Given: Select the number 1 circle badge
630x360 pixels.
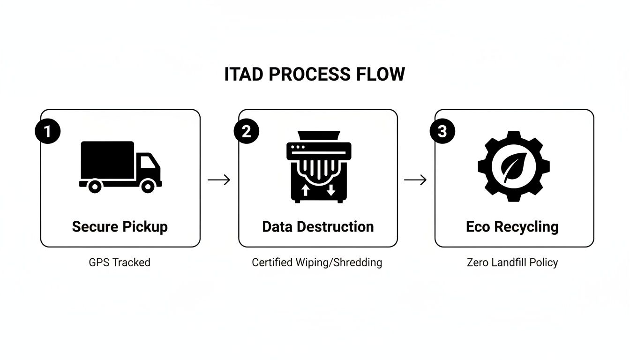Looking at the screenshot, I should [x=47, y=132].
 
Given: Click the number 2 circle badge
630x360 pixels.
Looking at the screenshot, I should [x=246, y=132].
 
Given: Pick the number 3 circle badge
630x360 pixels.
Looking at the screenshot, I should [x=442, y=132].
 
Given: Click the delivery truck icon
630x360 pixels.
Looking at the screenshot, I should [x=120, y=167].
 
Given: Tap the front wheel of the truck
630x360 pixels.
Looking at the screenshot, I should [x=148, y=187].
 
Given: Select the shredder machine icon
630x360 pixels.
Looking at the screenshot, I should [x=318, y=166].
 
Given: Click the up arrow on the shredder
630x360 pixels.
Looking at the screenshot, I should [x=305, y=190].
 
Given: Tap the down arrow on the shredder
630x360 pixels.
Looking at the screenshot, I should [x=331, y=190].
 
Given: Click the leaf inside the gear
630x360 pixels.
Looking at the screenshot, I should [x=513, y=167].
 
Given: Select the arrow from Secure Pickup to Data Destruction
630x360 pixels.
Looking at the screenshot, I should [x=219, y=180].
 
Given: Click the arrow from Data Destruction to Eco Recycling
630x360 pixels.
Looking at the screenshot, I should [x=415, y=180].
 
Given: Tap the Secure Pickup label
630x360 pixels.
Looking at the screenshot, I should [x=120, y=227].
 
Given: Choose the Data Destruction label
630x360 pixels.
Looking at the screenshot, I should [x=318, y=227].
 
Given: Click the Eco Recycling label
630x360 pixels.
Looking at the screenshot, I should [x=512, y=227].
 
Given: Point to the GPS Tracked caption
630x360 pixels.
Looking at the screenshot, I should [x=120, y=262].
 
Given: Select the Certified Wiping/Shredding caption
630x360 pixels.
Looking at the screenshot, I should [x=317, y=262].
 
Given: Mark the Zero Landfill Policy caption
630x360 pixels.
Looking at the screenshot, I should [x=512, y=262].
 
